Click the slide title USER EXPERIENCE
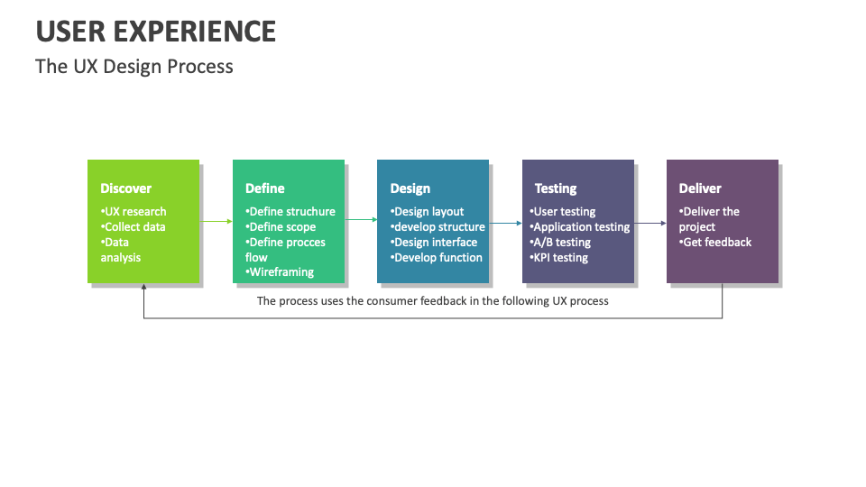pyautogui.click(x=156, y=32)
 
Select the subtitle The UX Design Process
pyautogui.click(x=134, y=67)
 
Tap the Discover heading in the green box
pyautogui.click(x=126, y=188)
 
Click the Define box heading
pyautogui.click(x=265, y=188)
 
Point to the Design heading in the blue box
pyautogui.click(x=410, y=188)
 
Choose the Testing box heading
pyautogui.click(x=556, y=188)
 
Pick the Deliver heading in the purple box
pyautogui.click(x=700, y=188)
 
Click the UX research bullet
pyautogui.click(x=134, y=211)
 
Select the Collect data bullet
pyautogui.click(x=133, y=227)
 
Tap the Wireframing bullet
pyautogui.click(x=280, y=272)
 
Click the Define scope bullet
pyautogui.click(x=281, y=227)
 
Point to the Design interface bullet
pyautogui.click(x=434, y=243)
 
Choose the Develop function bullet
pyautogui.click(x=437, y=258)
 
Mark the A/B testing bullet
pyautogui.click(x=560, y=243)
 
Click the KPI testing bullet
pyautogui.click(x=558, y=258)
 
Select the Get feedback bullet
pyautogui.click(x=715, y=243)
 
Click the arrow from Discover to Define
pyautogui.click(x=216, y=222)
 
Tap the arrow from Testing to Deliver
pyautogui.click(x=650, y=223)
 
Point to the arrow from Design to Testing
pyautogui.click(x=505, y=223)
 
